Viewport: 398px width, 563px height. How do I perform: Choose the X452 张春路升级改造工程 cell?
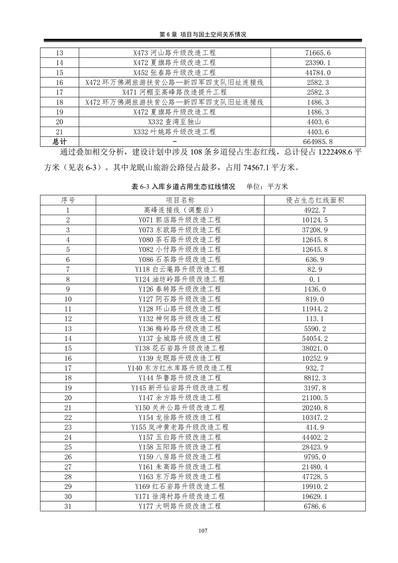(x=175, y=72)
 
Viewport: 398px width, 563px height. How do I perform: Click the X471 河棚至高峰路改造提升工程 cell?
(x=175, y=92)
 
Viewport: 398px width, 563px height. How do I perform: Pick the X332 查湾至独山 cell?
(x=175, y=122)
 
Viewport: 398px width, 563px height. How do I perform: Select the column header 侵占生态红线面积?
(x=315, y=200)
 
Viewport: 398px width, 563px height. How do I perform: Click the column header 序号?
(x=68, y=200)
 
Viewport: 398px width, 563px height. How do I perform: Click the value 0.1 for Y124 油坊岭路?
(x=315, y=279)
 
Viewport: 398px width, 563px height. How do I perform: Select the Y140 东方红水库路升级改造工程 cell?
(x=179, y=368)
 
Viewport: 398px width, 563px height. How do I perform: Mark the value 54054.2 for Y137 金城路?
(x=315, y=339)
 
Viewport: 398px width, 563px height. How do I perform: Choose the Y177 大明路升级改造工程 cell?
(x=179, y=507)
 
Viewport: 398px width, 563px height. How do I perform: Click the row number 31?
(x=68, y=507)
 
